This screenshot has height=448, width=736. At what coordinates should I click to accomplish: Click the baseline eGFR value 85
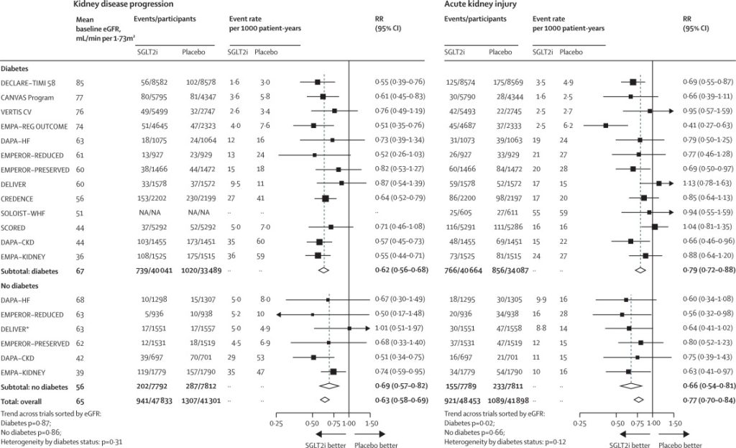[x=80, y=83]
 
